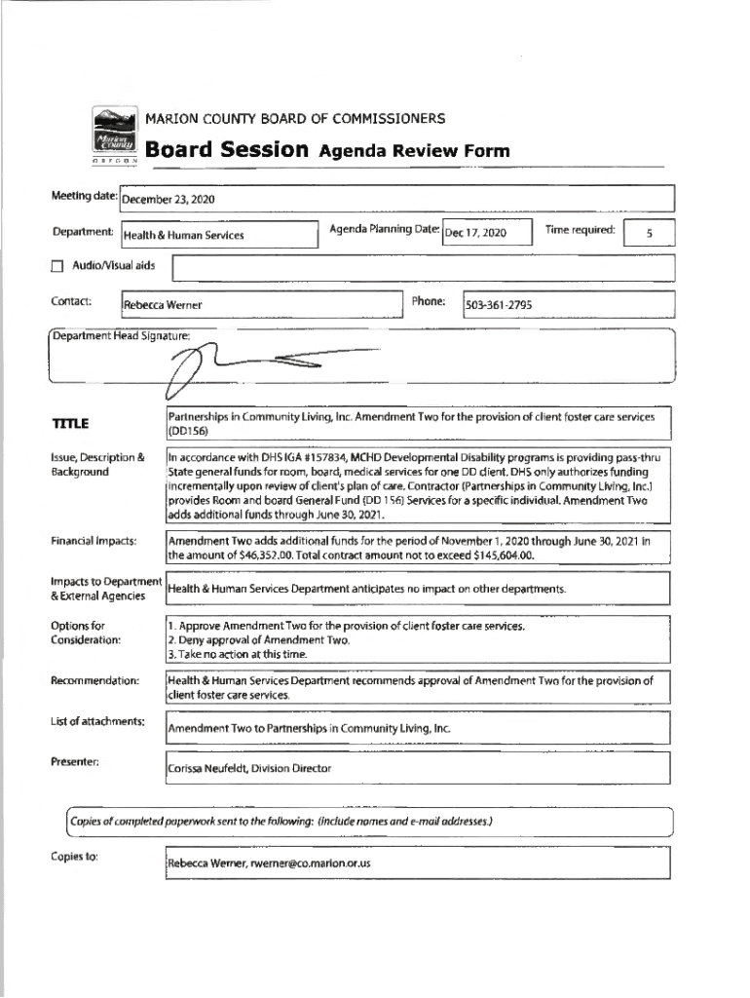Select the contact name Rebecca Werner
click(x=163, y=305)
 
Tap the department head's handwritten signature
click(x=244, y=368)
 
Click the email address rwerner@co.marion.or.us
click(x=311, y=864)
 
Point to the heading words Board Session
click(x=228, y=150)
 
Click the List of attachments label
click(x=98, y=721)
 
